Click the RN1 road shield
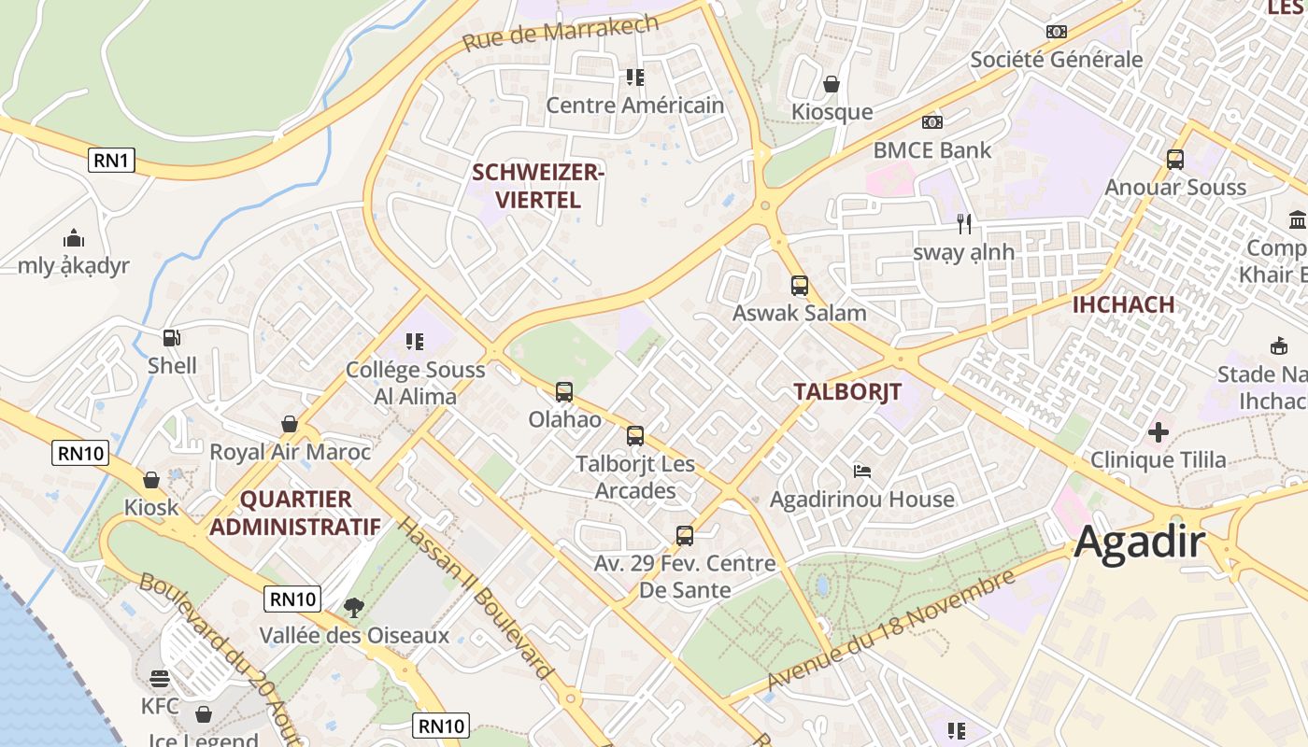pyautogui.click(x=111, y=160)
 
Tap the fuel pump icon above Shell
pyautogui.click(x=172, y=337)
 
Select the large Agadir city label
pyautogui.click(x=1139, y=542)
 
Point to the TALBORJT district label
pyautogui.click(x=847, y=392)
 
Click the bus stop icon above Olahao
pyautogui.click(x=563, y=392)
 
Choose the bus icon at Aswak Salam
pyautogui.click(x=799, y=286)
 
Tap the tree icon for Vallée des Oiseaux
pyautogui.click(x=353, y=609)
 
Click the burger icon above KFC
pyautogui.click(x=159, y=679)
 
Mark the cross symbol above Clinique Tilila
pyautogui.click(x=1158, y=432)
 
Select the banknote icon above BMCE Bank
pyautogui.click(x=931, y=122)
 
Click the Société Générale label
pyautogui.click(x=1056, y=60)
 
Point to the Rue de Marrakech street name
pyautogui.click(x=561, y=34)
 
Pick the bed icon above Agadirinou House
pyautogui.click(x=862, y=472)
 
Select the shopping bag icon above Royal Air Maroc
pyautogui.click(x=290, y=424)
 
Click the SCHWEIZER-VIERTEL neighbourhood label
pyautogui.click(x=538, y=186)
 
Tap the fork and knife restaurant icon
pyautogui.click(x=964, y=224)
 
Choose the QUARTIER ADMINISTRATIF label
pyautogui.click(x=294, y=513)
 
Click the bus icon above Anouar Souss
pyautogui.click(x=1174, y=160)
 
